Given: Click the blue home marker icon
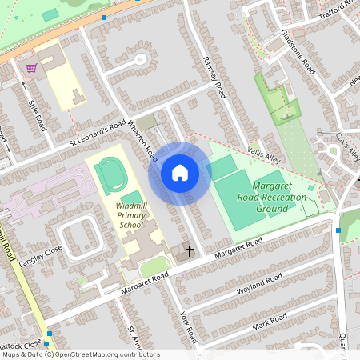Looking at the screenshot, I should (180, 172).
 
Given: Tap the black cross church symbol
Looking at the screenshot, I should (190, 251).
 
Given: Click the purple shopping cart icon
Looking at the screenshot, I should (31, 68).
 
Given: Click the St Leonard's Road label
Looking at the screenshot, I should (97, 133).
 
